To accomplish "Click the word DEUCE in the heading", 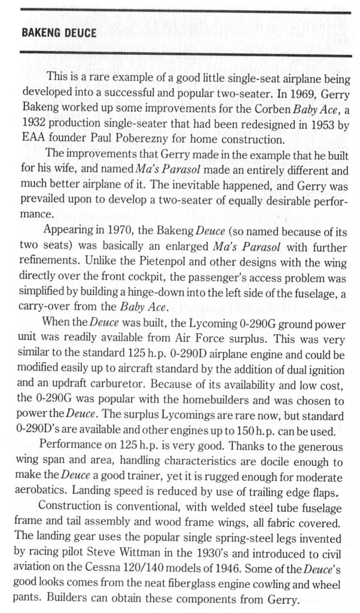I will point(77,34).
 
